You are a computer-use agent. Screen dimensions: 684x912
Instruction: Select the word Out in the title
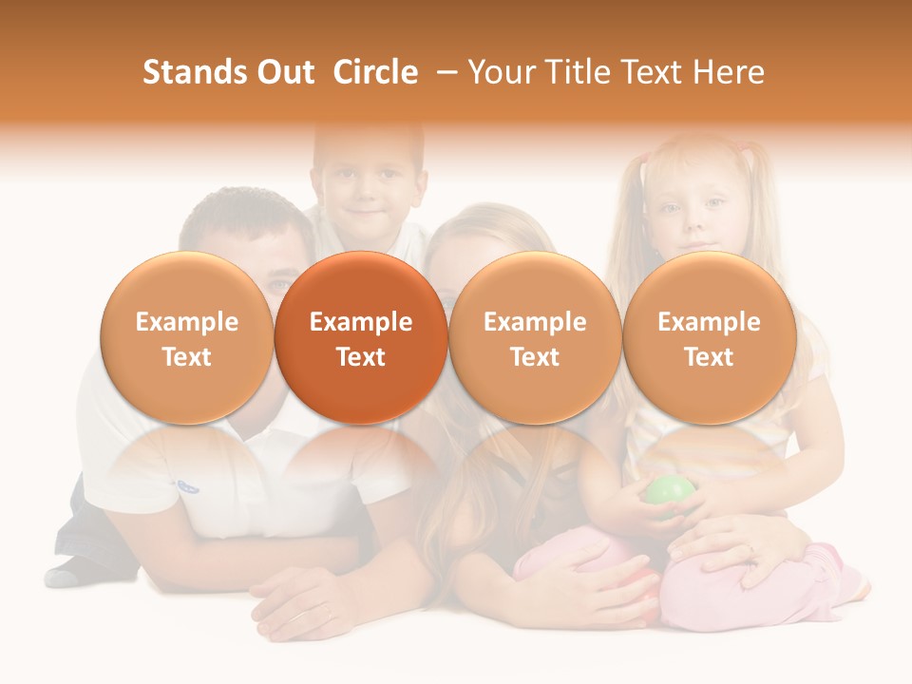(282, 72)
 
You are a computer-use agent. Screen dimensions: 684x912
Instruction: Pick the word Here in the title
(729, 72)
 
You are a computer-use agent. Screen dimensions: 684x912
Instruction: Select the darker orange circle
(361, 338)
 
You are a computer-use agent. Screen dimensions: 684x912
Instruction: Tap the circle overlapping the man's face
(187, 338)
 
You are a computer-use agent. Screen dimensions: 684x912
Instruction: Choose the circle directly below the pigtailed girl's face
(709, 338)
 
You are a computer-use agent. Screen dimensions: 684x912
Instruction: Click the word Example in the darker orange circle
(361, 322)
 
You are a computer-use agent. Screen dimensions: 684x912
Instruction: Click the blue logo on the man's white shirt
(187, 486)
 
